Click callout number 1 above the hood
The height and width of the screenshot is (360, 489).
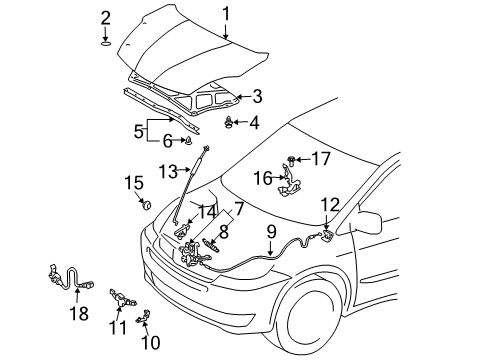[225, 13]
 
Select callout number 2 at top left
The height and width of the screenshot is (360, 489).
[106, 17]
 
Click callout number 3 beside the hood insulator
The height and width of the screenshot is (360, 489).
[257, 97]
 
